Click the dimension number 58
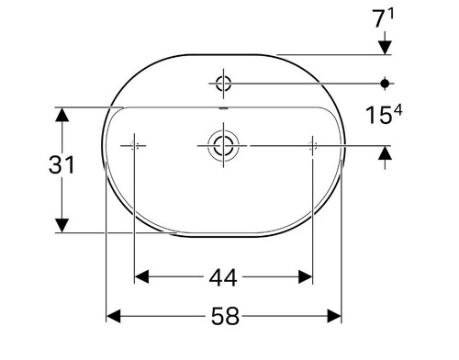point(225,316)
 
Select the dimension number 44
point(223,277)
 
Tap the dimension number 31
point(62,165)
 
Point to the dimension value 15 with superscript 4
point(384,115)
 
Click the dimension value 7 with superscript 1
point(383,18)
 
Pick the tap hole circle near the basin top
point(223,84)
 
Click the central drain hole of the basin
point(223,145)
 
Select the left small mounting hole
point(134,146)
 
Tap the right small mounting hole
point(312,146)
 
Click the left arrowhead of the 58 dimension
point(113,316)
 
